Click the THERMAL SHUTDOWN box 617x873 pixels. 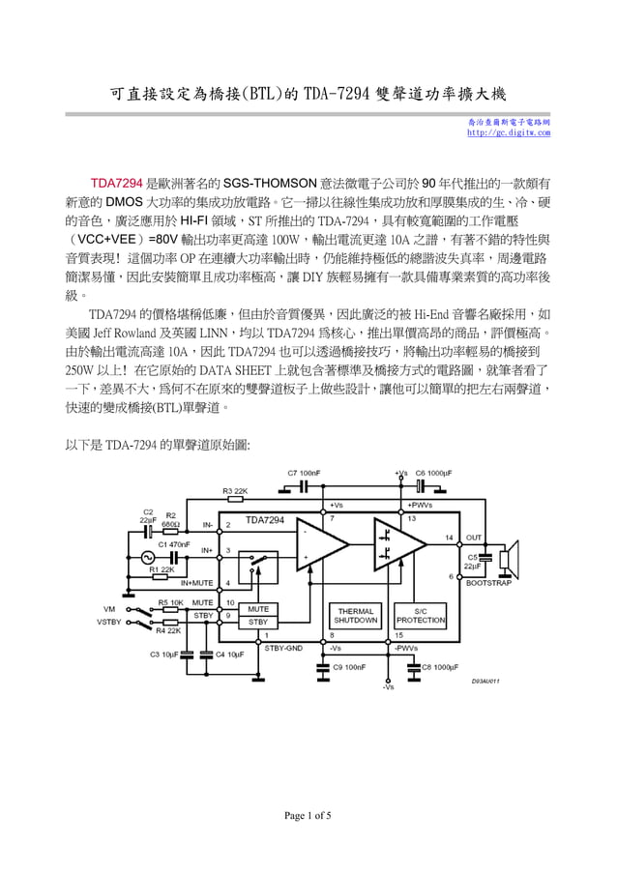(356, 616)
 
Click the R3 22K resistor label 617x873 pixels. (236, 491)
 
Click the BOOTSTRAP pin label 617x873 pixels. (489, 584)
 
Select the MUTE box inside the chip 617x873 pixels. (258, 609)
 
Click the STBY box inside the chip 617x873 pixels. (258, 622)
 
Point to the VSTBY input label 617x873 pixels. (108, 622)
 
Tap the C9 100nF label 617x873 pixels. (348, 666)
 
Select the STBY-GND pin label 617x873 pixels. (283, 647)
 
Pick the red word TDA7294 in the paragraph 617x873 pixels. (116, 182)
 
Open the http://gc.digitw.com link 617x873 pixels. (508, 132)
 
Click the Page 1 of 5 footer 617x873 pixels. (308, 816)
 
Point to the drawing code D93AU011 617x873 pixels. (485, 681)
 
